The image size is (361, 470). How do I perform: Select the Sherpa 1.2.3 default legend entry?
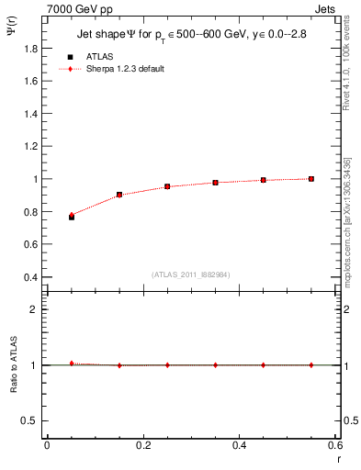[x=126, y=69]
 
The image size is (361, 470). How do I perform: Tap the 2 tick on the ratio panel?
[x=37, y=309]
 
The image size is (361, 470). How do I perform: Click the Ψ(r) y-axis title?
[x=13, y=35]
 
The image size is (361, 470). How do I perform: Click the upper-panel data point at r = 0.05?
[x=71, y=217]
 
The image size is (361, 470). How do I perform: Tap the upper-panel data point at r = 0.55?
[x=310, y=179]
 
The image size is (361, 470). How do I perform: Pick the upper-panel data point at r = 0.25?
[x=166, y=186]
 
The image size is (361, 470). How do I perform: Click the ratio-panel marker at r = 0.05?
[x=71, y=364]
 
